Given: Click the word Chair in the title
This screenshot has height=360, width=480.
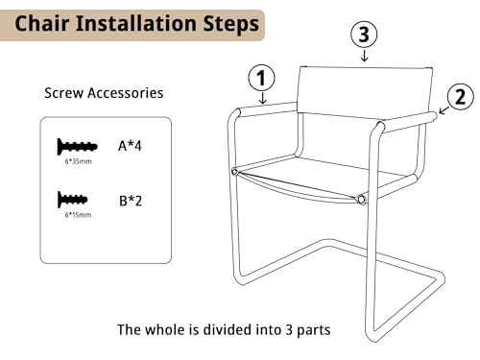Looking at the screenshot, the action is tap(42, 23).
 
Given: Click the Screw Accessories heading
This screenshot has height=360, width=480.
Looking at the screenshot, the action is tap(104, 93).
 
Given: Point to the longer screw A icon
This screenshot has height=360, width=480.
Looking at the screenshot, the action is tap(77, 147).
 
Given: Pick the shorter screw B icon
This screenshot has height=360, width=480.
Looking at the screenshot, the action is tap(72, 200).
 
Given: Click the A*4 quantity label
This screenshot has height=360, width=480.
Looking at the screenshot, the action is tap(130, 146).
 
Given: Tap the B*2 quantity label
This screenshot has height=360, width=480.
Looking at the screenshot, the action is tap(131, 201).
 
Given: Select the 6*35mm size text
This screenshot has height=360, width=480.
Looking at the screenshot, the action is tap(79, 161).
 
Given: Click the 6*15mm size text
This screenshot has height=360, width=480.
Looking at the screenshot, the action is tap(78, 215).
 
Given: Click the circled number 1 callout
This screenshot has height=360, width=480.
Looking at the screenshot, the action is tap(262, 78).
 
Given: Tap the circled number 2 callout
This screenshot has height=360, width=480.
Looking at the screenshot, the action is tap(461, 97).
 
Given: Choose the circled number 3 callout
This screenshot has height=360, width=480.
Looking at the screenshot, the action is tap(364, 35).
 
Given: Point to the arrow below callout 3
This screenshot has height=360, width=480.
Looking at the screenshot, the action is tap(365, 55).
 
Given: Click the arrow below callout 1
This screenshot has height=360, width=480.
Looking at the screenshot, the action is tap(262, 98).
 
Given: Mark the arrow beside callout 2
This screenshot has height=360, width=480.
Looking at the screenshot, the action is tap(444, 110).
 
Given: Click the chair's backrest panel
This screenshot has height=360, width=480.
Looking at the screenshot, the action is tap(365, 90).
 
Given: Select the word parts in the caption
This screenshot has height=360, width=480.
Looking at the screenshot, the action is tap(313, 330).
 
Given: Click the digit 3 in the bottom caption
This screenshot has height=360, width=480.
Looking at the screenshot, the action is tap(289, 330).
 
